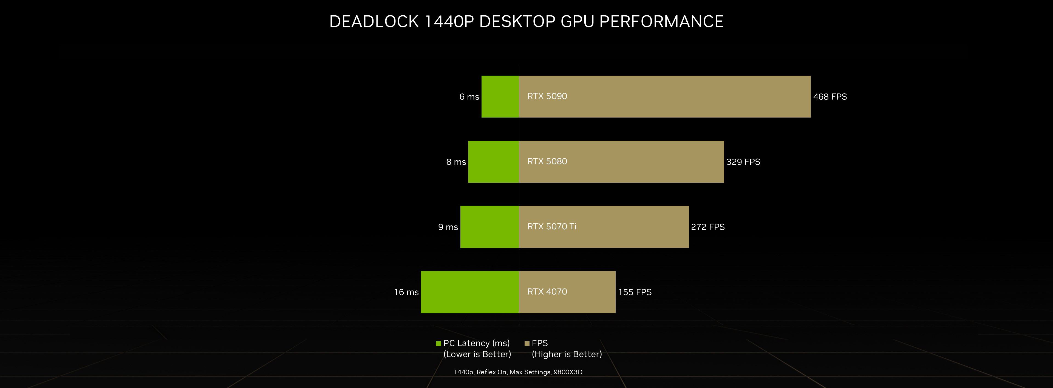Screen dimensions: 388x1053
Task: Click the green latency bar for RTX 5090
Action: click(x=500, y=96)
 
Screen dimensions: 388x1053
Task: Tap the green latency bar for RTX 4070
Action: click(x=470, y=292)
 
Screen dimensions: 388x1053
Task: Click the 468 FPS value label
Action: click(x=830, y=97)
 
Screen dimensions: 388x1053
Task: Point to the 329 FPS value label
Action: click(x=743, y=162)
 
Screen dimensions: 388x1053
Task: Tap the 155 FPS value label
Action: click(x=635, y=292)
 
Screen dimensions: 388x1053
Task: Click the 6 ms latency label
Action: click(x=469, y=97)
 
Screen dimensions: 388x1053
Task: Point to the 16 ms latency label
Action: click(x=406, y=292)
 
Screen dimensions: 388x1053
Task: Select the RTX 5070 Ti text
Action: click(x=551, y=226)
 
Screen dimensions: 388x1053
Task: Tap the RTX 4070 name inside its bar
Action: click(x=547, y=292)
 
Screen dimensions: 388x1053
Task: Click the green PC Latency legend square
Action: click(x=438, y=344)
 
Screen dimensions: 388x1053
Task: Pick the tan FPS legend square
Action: click(x=527, y=344)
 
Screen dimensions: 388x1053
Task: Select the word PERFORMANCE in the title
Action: click(x=661, y=22)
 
